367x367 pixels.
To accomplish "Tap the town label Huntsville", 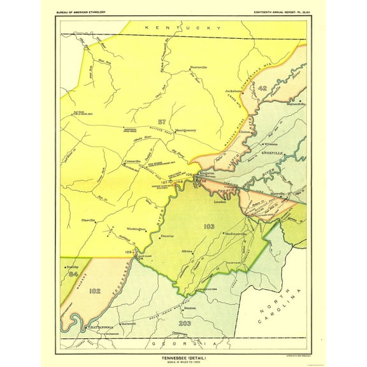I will coord(200,68).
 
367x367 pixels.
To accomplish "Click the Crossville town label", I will coord(131,162).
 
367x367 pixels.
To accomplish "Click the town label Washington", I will coord(136,228).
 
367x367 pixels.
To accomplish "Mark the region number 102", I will coord(96,292).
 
